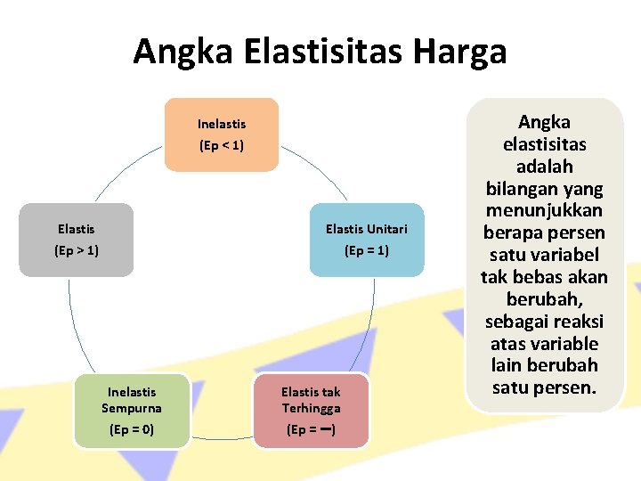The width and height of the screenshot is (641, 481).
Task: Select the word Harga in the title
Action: coord(460,52)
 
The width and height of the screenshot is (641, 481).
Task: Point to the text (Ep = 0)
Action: coord(132,430)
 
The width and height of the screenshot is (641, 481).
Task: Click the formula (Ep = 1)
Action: coord(366,251)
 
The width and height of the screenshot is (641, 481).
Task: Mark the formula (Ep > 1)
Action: coord(77,251)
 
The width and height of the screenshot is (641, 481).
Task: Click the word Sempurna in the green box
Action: coord(132,408)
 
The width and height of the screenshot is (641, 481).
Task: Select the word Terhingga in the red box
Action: coord(311,408)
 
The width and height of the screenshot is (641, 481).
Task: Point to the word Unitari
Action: coord(385,229)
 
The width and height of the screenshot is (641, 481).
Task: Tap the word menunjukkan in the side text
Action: coord(544,210)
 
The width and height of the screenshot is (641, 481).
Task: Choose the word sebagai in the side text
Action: coord(515,321)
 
